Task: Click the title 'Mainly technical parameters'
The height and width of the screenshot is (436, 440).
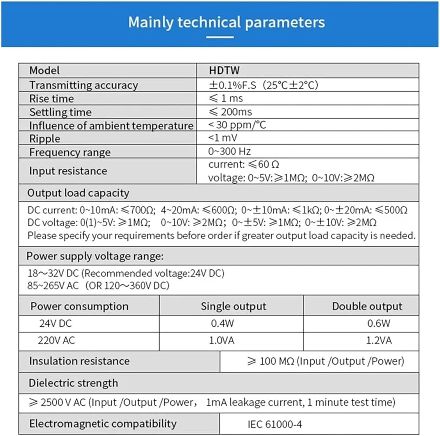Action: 227,22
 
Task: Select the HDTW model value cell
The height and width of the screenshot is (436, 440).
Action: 224,70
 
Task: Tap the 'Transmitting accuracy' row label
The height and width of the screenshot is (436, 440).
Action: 84,85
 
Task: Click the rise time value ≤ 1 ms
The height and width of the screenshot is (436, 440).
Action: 226,98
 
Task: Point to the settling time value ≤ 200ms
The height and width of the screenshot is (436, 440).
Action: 230,112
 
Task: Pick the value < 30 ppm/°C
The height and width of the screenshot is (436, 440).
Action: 237,125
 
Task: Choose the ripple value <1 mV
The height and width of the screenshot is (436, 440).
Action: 223,138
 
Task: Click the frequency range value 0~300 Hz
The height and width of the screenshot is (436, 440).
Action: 230,152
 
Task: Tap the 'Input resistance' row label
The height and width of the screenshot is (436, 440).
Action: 68,171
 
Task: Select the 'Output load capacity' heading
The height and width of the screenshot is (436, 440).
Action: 78,193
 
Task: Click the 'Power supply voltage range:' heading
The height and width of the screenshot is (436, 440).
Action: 95,256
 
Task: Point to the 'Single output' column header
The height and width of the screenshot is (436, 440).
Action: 234,306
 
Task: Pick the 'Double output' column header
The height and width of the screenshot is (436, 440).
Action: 367,306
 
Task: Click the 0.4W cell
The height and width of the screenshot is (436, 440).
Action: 222,324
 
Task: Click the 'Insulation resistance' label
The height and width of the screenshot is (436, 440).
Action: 79,361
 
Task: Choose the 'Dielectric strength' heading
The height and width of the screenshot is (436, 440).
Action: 73,383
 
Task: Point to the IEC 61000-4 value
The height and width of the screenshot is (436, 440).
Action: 275,425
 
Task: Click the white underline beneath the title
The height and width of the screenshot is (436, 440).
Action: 220,37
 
